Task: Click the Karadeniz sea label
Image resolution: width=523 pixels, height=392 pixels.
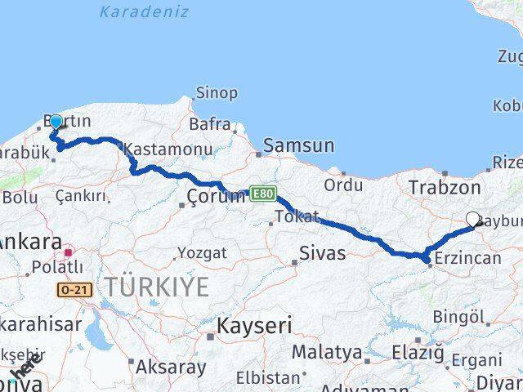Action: coord(144,12)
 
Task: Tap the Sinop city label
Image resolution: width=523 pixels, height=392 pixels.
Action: coord(216,93)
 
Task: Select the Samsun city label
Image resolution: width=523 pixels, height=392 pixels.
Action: coord(298,146)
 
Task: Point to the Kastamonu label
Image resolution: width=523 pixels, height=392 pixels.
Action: coord(168,149)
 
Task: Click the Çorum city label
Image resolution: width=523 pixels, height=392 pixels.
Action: coord(216,196)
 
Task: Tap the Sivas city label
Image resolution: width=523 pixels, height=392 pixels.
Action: coord(323,252)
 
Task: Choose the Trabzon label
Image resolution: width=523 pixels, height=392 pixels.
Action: coord(469,188)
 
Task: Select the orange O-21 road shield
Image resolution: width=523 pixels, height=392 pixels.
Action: coord(72,289)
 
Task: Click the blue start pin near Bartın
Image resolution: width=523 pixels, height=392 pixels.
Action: coord(56,122)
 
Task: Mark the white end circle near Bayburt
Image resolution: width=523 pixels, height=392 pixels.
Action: coord(473,218)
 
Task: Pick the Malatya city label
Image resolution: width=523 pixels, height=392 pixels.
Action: coord(327,353)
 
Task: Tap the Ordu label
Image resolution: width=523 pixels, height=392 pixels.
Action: coord(343,185)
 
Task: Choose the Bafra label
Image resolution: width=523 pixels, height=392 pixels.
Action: coord(210,125)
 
